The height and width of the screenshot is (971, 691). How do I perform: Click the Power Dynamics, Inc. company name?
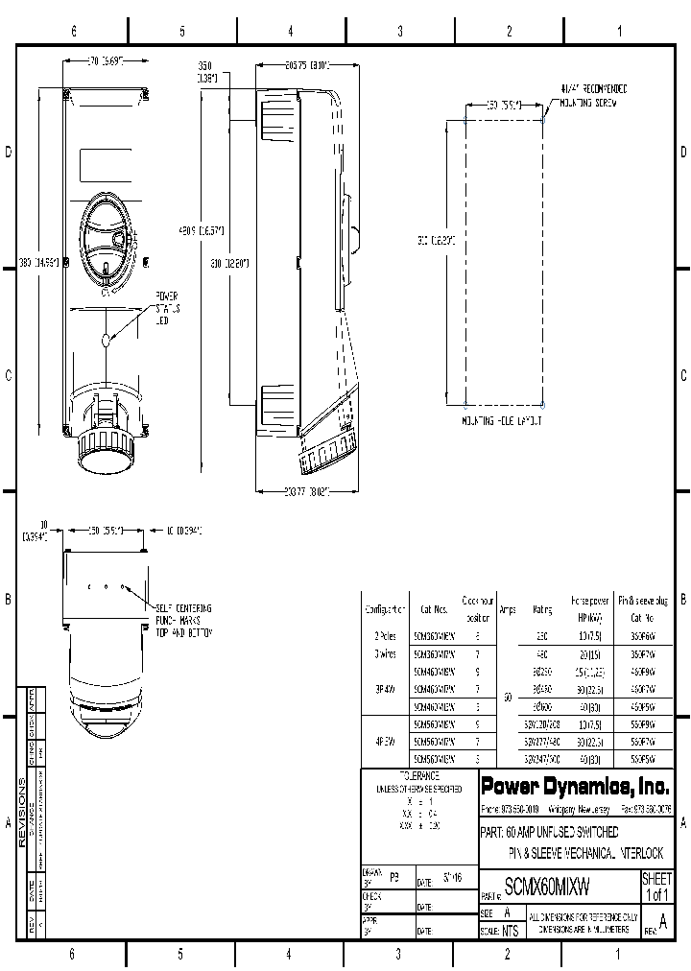click(x=574, y=786)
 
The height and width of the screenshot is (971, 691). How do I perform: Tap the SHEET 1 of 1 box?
click(x=657, y=887)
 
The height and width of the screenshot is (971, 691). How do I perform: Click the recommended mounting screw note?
click(x=587, y=96)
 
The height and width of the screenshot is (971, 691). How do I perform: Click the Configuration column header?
click(x=384, y=608)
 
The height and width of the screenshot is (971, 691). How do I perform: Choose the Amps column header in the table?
click(x=508, y=608)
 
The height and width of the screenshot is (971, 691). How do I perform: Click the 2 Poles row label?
click(x=384, y=635)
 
